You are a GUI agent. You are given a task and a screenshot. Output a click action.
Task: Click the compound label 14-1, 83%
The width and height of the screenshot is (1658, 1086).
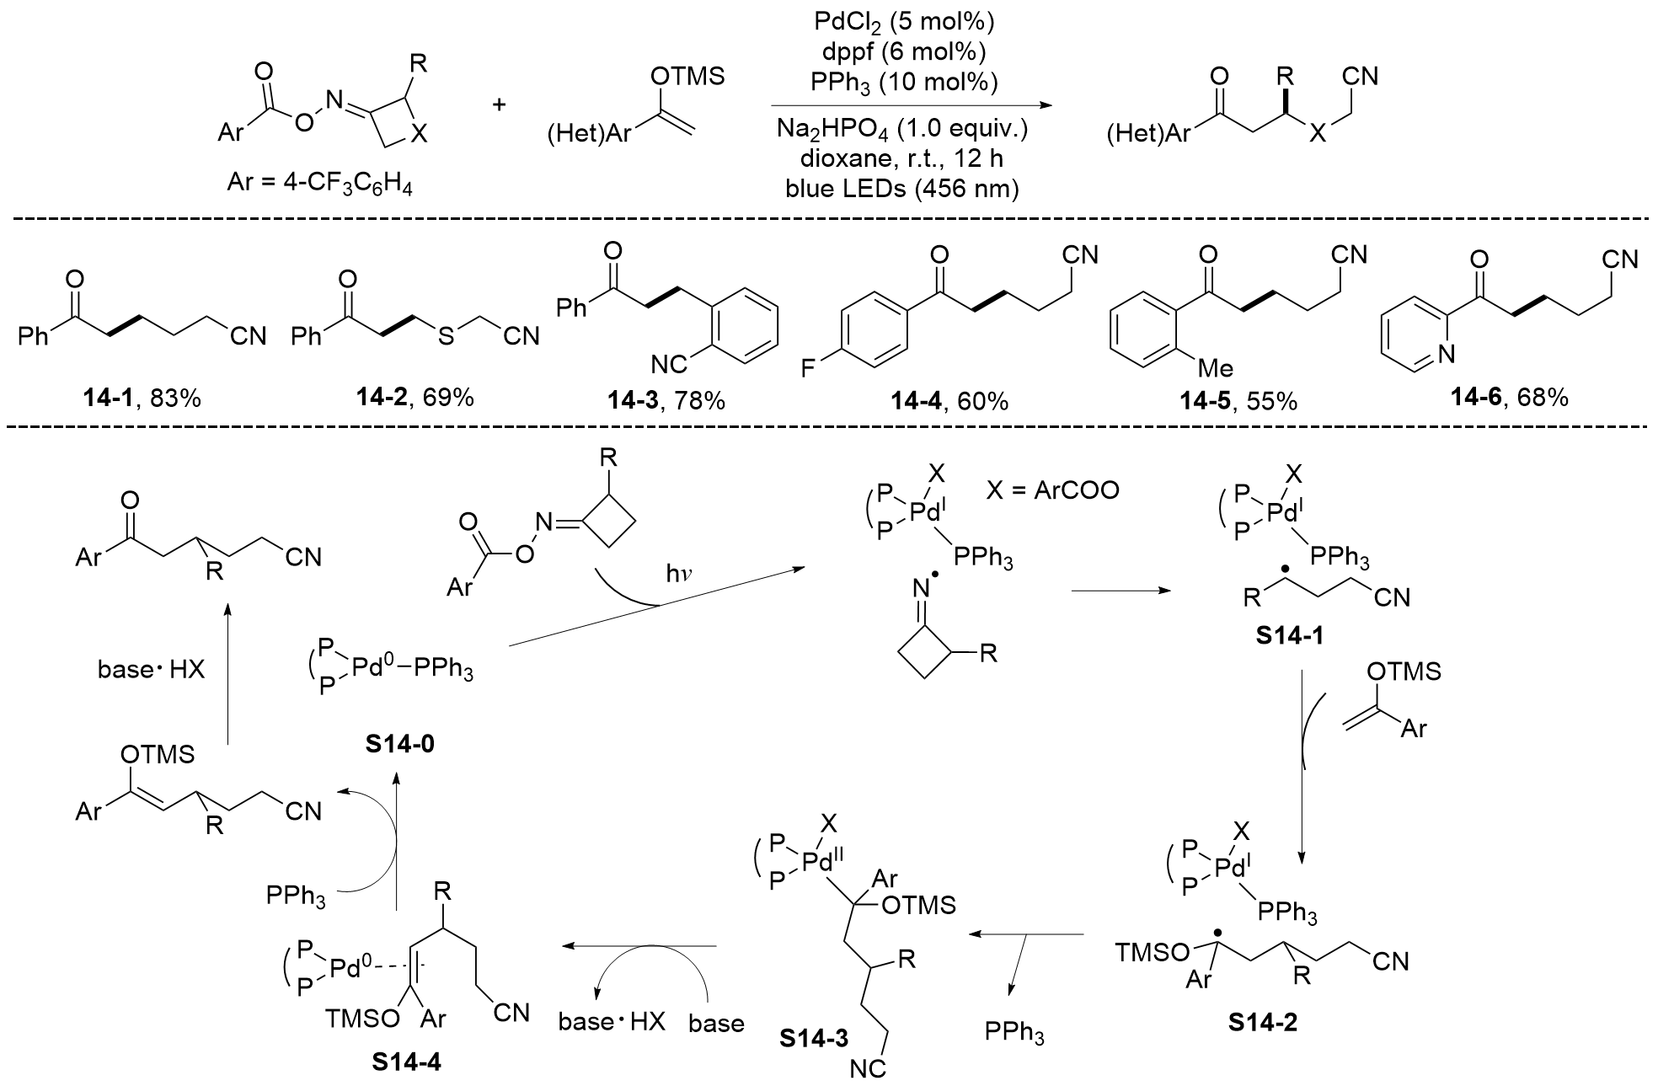click(142, 399)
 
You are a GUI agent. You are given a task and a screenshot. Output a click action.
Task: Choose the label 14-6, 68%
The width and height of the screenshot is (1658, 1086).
click(1510, 397)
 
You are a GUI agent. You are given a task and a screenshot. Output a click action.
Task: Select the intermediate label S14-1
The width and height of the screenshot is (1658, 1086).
click(1289, 634)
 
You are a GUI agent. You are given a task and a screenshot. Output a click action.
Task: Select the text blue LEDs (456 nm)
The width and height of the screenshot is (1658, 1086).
click(902, 189)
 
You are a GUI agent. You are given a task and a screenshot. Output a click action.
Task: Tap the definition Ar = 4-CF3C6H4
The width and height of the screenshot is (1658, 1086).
click(320, 181)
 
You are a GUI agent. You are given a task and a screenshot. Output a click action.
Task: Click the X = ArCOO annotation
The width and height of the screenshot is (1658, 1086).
click(1052, 490)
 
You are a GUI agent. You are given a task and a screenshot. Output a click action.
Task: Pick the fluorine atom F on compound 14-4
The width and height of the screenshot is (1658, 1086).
click(808, 367)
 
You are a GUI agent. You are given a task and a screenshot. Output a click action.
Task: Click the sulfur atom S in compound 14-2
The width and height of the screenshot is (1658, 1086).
click(445, 336)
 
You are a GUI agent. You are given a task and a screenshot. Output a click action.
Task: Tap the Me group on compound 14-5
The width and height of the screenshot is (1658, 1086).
click(1216, 367)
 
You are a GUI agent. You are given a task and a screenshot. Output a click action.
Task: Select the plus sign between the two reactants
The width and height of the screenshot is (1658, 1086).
click(500, 104)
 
